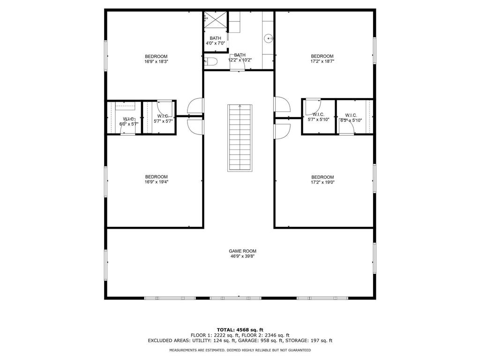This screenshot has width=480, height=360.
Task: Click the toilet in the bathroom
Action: pos(211,62)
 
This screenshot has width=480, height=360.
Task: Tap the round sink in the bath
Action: pos(269,38)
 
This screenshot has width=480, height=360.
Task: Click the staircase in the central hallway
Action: pos(240,138)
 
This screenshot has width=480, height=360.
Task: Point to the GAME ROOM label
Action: pos(242,251)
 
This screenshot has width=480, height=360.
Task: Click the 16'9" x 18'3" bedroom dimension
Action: pos(157,61)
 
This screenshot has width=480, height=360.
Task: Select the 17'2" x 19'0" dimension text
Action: pos(322,182)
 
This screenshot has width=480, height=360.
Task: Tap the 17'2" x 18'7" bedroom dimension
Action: pos(322,61)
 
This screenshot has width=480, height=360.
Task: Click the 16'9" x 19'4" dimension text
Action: pos(157,182)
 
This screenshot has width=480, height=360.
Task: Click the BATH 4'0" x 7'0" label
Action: pos(216,41)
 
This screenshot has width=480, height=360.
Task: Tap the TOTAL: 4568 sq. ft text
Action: pos(240,330)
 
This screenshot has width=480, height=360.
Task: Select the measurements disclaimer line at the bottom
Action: pos(240,350)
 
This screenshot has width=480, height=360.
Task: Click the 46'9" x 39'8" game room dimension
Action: pos(242,256)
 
